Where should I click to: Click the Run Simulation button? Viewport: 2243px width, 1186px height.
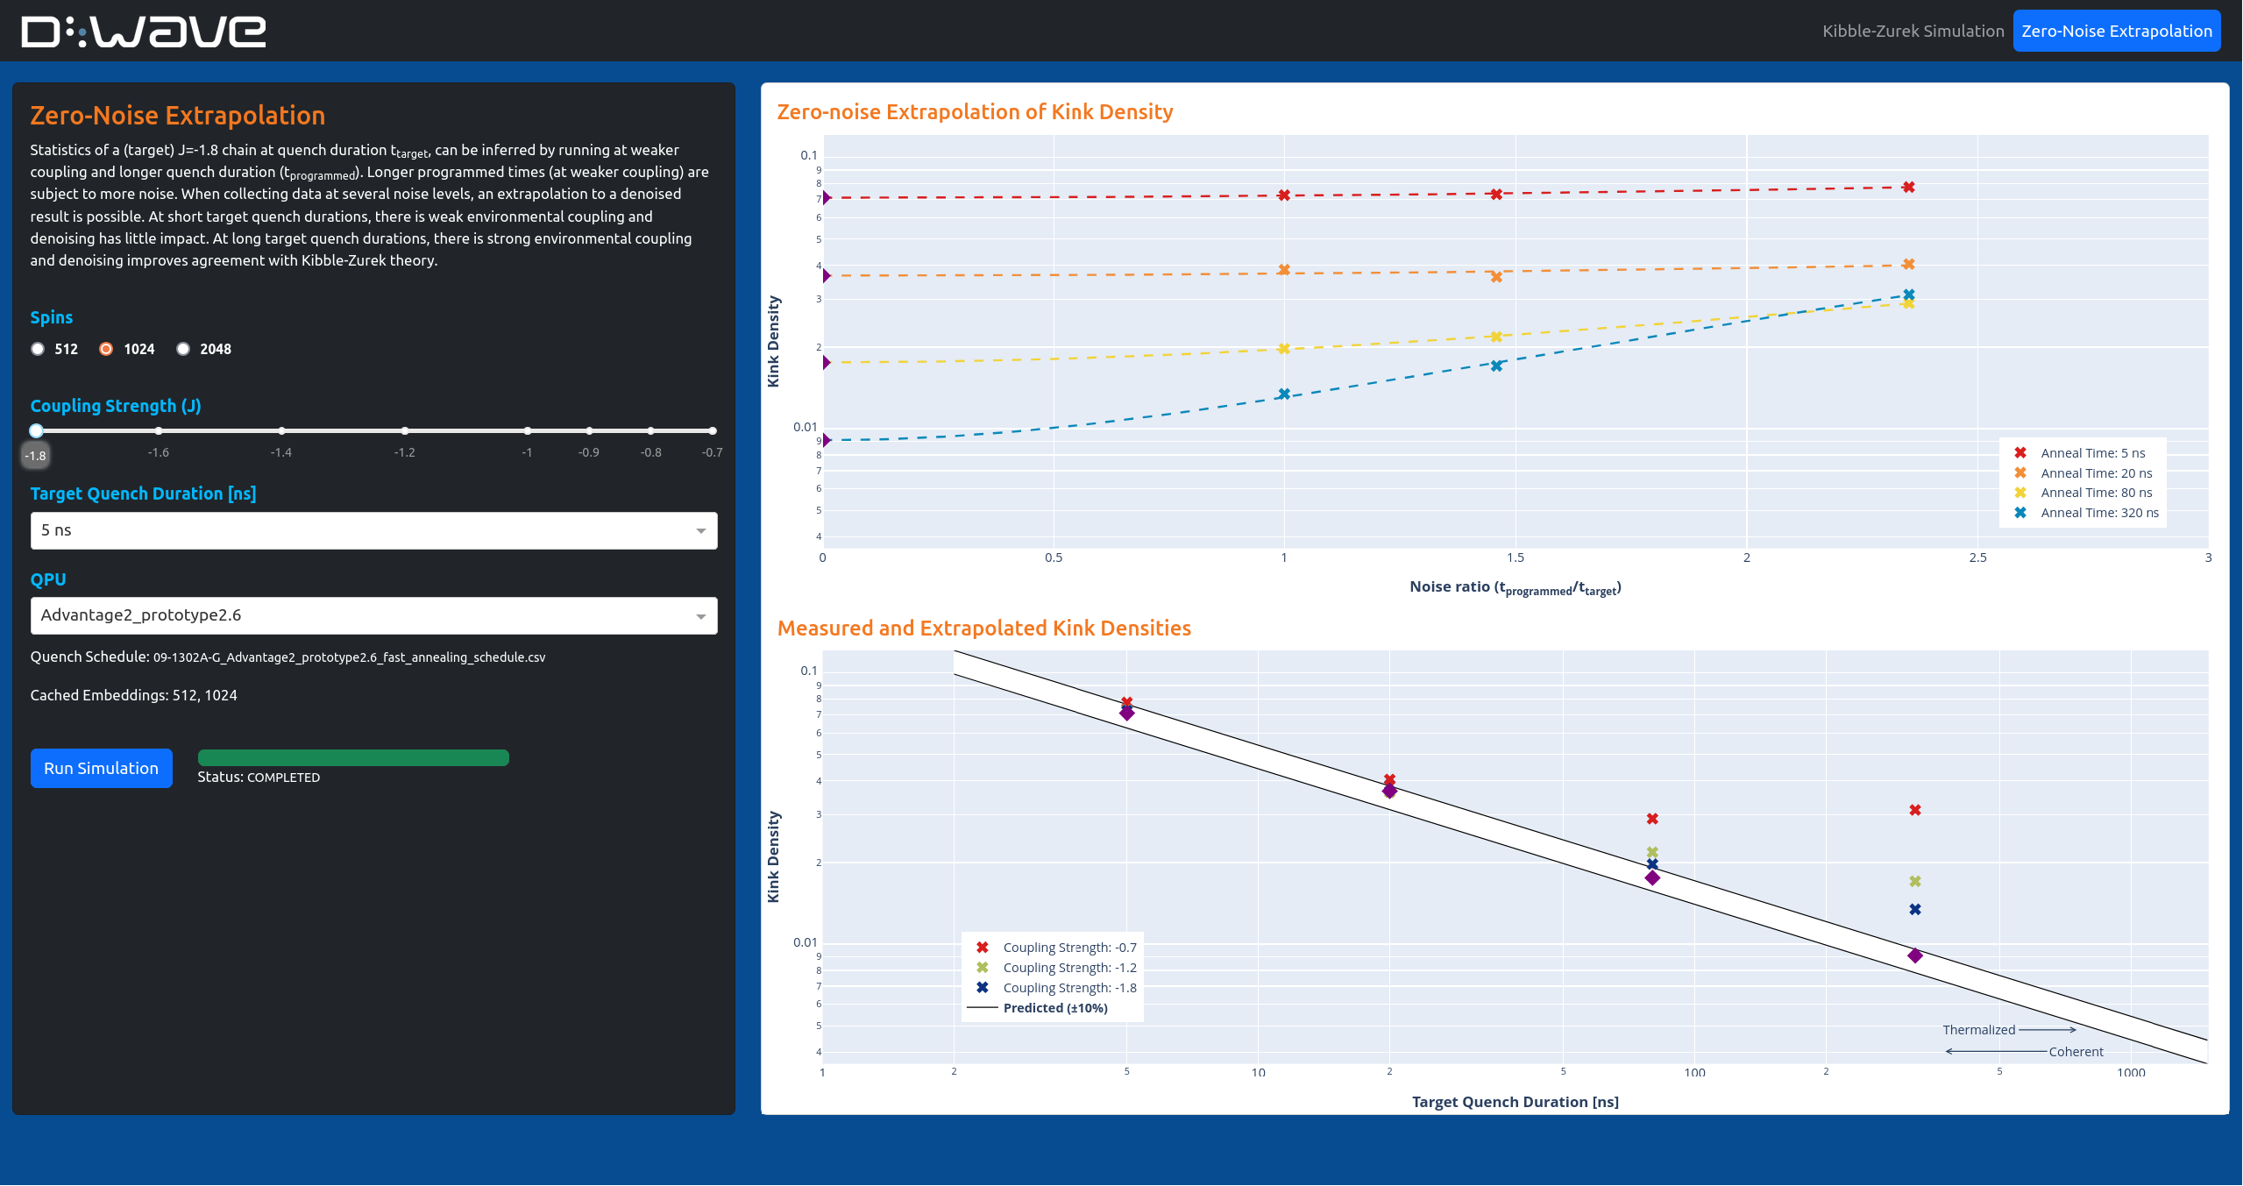101,768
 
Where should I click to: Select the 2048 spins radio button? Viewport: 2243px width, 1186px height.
183,349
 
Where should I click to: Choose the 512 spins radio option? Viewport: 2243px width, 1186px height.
38,349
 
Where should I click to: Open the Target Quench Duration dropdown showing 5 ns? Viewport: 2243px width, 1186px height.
373,530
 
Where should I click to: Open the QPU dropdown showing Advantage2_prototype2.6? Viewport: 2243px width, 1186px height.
373,615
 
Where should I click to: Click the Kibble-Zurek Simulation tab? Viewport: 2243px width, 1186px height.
1913,31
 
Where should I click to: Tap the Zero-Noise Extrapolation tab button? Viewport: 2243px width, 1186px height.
2116,31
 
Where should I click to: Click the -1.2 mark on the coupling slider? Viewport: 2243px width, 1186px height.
404,431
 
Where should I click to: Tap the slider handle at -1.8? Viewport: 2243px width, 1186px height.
36,430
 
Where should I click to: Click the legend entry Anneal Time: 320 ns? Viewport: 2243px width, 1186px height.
2098,513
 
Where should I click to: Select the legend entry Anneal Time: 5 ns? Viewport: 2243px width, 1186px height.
2092,453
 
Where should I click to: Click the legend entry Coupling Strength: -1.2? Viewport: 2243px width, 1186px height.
1068,968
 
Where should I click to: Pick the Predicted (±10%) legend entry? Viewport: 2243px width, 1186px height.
1054,1008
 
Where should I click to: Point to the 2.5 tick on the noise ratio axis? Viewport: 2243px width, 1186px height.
1977,557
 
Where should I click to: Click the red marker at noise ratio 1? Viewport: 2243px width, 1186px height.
1283,195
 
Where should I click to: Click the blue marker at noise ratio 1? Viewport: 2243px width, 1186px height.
1283,394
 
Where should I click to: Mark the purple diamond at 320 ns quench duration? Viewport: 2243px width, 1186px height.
1914,955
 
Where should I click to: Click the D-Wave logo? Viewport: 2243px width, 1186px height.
143,31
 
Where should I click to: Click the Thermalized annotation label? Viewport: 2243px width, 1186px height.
1978,1030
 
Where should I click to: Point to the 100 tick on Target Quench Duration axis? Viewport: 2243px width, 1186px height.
1694,1072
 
